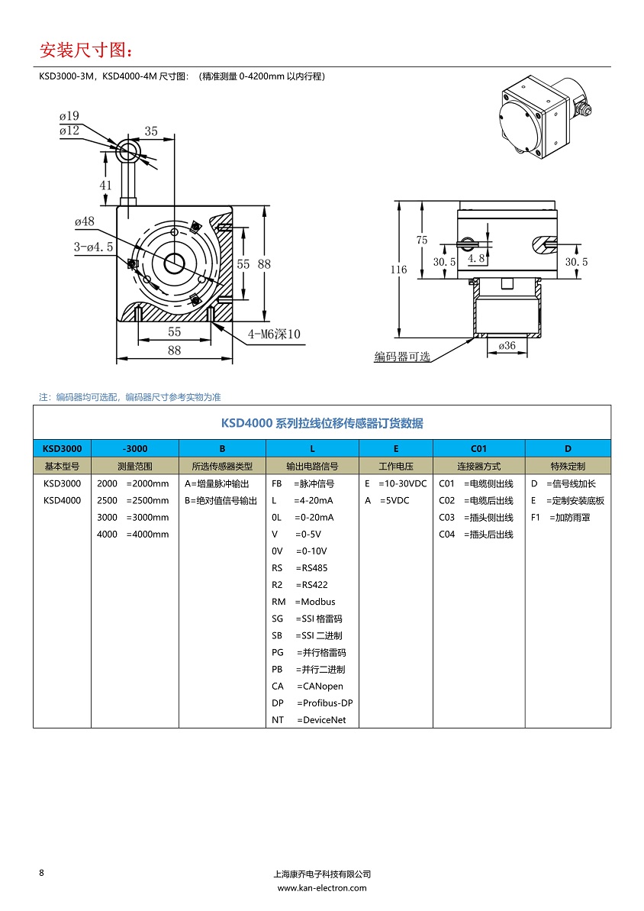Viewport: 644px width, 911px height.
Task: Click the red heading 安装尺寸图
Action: coord(85,50)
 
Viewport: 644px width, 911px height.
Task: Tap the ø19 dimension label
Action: coord(69,116)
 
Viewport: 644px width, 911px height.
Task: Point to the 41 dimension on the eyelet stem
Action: coord(105,185)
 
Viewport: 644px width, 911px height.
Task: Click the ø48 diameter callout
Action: coord(84,221)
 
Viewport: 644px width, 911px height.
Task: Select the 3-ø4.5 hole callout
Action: coord(93,247)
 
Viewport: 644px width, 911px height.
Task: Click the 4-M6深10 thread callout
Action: coord(274,334)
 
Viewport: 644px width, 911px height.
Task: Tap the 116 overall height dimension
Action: coord(398,270)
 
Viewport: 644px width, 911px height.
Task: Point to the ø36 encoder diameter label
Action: coord(507,345)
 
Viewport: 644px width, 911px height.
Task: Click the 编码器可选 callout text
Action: coord(402,357)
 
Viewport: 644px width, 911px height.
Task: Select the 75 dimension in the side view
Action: coord(422,240)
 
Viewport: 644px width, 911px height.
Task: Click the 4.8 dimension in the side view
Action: coord(476,259)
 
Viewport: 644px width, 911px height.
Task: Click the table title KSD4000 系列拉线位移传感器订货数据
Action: coord(321,423)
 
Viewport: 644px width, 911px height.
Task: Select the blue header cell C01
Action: coord(478,448)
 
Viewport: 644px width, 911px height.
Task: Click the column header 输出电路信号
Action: coord(312,466)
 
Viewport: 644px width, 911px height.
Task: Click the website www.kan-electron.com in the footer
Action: coord(321,888)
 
